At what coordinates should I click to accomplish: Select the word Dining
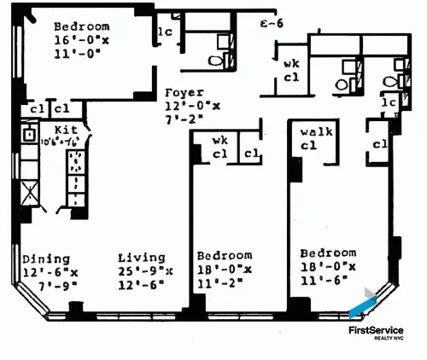[41, 259]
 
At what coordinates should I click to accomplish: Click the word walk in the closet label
[317, 132]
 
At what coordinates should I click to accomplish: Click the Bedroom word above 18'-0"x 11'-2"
[224, 255]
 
